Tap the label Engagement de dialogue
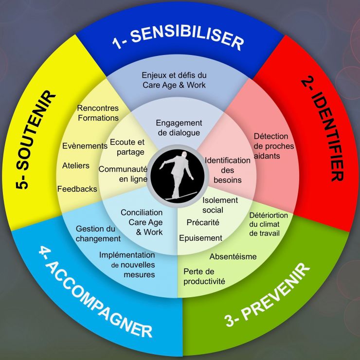(x=179, y=128)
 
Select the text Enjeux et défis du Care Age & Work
(x=174, y=80)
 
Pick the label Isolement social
(x=220, y=205)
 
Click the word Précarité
(x=203, y=222)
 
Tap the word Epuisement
(x=200, y=238)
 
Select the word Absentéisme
(x=233, y=256)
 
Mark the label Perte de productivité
(x=204, y=276)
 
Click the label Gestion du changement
(x=98, y=234)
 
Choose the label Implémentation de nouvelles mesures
(x=127, y=265)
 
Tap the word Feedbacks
(x=77, y=188)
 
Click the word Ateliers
(x=76, y=165)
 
